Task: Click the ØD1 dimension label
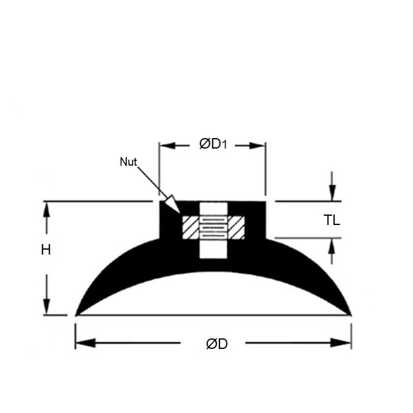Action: tap(213, 145)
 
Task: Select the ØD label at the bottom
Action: tap(216, 343)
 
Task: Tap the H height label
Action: tap(46, 250)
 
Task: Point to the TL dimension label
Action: tap(332, 220)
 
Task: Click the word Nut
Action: tap(128, 162)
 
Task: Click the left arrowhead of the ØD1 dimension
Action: tap(166, 145)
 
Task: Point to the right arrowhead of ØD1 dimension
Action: tap(260, 145)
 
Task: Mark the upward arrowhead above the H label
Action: tap(46, 208)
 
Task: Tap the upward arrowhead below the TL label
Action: tap(332, 245)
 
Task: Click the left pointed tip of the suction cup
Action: tap(76, 314)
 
